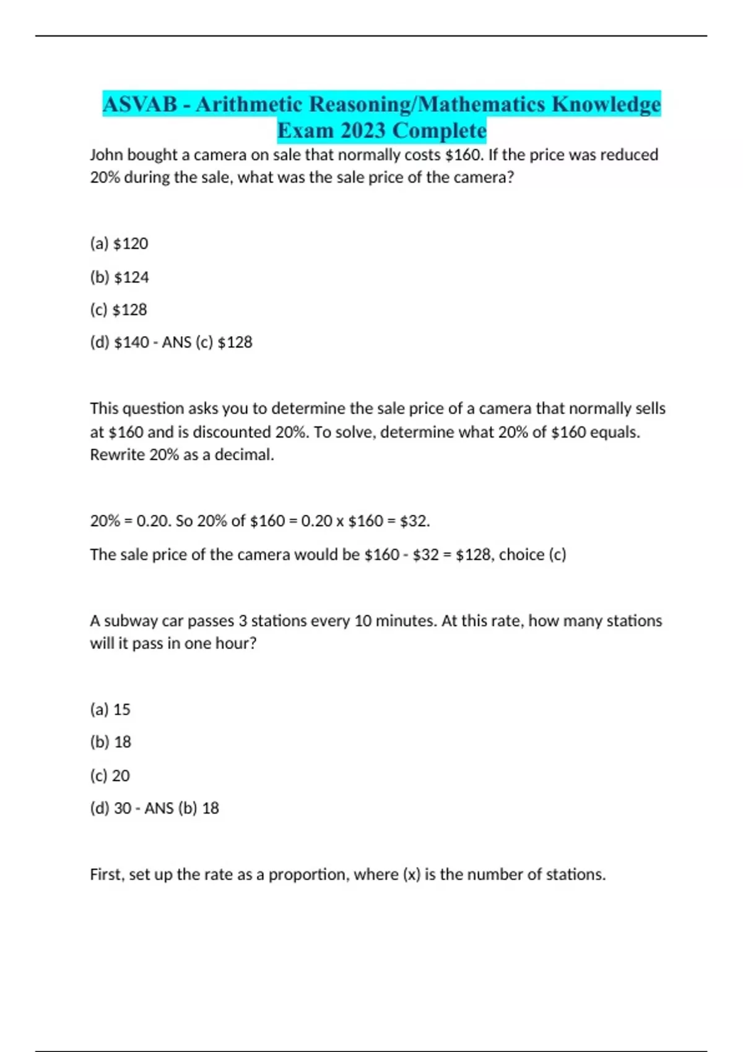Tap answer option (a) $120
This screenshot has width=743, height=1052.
(119, 244)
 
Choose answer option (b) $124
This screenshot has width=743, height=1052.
(119, 277)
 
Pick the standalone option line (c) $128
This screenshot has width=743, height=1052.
(118, 309)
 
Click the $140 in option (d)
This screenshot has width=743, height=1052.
(131, 342)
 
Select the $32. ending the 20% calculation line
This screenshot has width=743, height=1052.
(415, 521)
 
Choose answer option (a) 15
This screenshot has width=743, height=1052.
(110, 709)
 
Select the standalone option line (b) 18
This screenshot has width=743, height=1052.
(110, 742)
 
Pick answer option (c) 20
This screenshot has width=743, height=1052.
(110, 775)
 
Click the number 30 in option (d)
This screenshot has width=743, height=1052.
(123, 808)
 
